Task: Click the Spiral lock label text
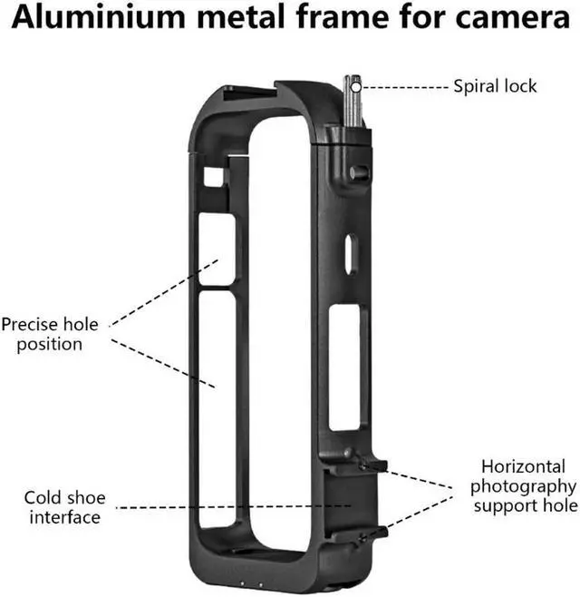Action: click(x=495, y=87)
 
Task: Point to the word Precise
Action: click(x=30, y=324)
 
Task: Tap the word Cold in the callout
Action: click(x=42, y=498)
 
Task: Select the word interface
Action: click(x=64, y=517)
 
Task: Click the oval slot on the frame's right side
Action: click(x=349, y=255)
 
